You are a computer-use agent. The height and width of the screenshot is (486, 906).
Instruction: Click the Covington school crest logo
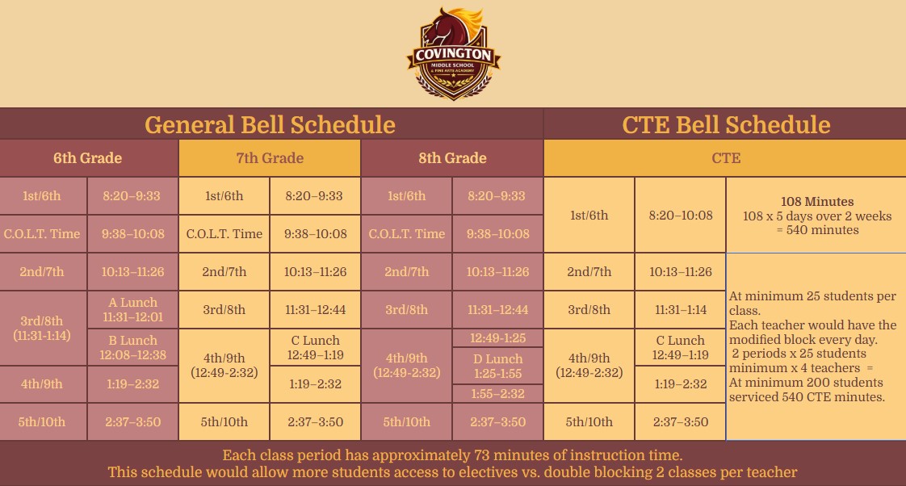coord(454,53)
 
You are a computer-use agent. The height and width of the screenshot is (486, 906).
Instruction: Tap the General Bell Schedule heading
coord(270,125)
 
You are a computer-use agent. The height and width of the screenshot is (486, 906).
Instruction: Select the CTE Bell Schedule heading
coord(726,125)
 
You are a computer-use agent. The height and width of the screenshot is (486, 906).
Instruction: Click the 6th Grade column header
coord(88,157)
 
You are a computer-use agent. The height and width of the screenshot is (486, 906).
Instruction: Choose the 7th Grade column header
coord(270,157)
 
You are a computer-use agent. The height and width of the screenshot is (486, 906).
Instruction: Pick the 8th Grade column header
coord(452,157)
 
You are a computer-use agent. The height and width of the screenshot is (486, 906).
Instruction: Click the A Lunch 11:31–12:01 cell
coord(133,310)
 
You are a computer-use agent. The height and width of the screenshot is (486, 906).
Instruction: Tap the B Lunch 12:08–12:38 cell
coord(133,347)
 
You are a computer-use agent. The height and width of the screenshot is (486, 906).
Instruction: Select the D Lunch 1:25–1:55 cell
coord(497,366)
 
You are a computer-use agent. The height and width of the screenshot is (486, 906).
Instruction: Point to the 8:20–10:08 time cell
coord(680,215)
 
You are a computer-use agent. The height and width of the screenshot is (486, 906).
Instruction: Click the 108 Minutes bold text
coord(817,202)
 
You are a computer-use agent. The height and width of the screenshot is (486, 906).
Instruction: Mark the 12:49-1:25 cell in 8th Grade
coord(497,338)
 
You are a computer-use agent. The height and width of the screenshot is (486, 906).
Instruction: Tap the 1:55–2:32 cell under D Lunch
coord(497,393)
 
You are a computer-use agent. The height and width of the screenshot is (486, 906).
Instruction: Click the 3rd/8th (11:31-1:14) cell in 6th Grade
coord(42,329)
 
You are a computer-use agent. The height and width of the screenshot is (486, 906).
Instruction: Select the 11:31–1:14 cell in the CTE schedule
coord(680,310)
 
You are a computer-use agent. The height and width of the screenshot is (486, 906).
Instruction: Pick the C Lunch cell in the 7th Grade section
coord(315,347)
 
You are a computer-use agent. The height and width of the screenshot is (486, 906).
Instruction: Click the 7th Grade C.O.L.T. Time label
coord(224,233)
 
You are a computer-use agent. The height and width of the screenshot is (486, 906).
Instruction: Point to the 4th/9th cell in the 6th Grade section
coord(42,384)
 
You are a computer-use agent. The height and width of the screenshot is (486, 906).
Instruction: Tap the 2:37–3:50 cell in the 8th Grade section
coord(497,422)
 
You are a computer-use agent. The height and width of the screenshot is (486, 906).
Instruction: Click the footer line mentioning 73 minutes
coord(452,455)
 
